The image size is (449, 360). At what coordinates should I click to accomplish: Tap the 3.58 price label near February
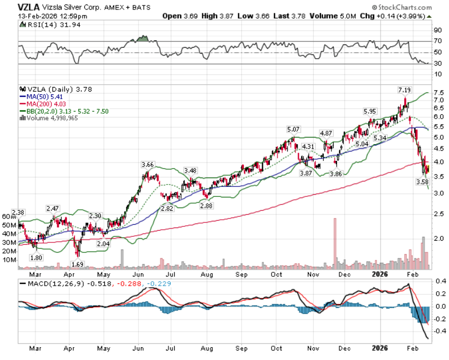tap(423, 181)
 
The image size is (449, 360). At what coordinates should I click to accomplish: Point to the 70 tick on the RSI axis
tap(437, 42)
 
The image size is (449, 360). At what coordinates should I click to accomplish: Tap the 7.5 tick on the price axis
tap(438, 93)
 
